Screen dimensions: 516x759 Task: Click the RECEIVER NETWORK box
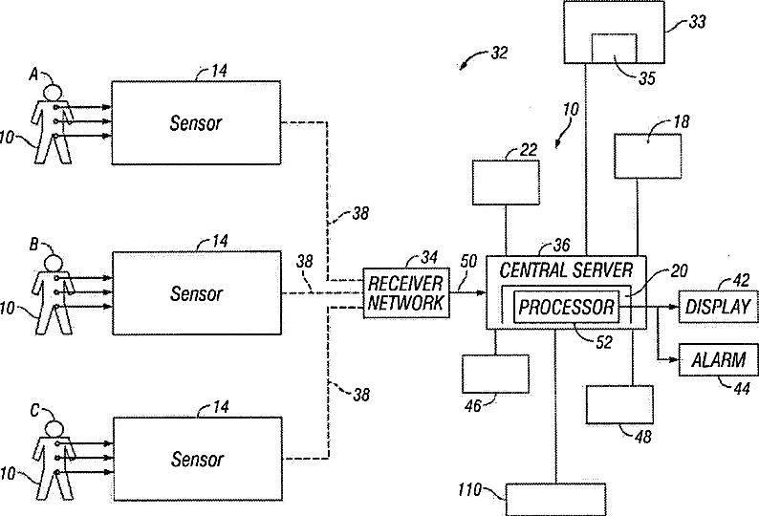(x=405, y=292)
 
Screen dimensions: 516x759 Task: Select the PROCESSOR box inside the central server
(x=565, y=308)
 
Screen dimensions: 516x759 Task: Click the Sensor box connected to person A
(x=197, y=123)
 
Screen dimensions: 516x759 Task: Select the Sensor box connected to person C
(x=197, y=459)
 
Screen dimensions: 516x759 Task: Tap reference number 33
(x=698, y=20)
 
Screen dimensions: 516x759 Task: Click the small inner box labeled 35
(x=616, y=49)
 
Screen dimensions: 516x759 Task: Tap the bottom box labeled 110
(x=555, y=499)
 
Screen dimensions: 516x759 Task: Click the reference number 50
(x=468, y=261)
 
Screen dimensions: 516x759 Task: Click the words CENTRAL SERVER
(x=566, y=270)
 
